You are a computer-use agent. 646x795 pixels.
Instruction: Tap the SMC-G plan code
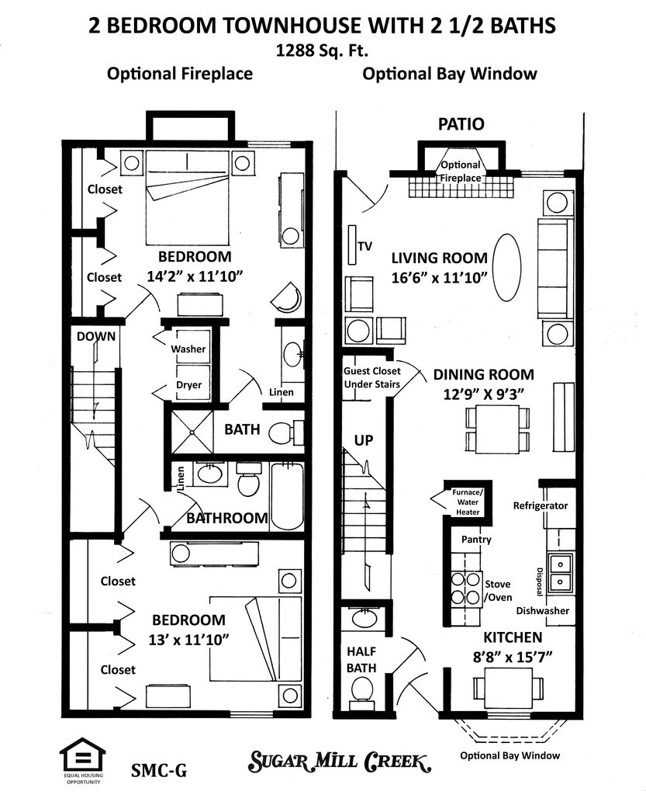[x=159, y=771]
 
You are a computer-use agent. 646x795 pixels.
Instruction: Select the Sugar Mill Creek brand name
[x=340, y=762]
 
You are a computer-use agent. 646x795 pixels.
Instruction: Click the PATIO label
[x=461, y=124]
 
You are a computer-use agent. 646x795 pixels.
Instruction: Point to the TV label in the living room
[x=365, y=247]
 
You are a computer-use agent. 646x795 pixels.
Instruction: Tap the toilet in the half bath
[x=361, y=688]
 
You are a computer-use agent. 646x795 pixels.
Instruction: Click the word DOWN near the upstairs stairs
[x=96, y=336]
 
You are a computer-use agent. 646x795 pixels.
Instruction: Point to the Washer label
[x=188, y=349]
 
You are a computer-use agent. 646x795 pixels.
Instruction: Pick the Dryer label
[x=188, y=384]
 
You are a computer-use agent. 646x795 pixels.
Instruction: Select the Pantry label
[x=476, y=540]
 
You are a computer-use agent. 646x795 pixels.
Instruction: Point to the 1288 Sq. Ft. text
[x=322, y=51]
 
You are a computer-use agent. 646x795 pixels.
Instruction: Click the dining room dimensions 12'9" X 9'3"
[x=484, y=393]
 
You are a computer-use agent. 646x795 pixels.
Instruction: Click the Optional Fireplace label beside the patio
[x=461, y=172]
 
